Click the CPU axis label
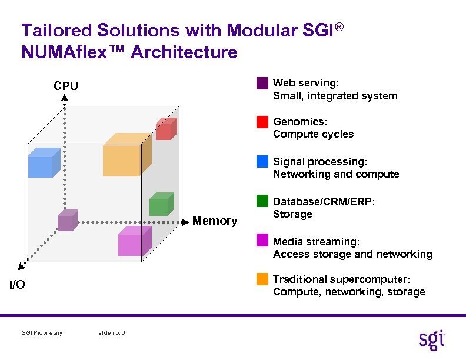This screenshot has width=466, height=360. (66, 86)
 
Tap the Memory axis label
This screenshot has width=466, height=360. (215, 221)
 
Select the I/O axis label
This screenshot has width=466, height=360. (17, 285)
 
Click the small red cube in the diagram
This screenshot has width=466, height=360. (165, 129)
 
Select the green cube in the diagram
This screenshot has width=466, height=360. (161, 204)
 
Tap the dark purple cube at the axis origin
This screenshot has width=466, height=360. (67, 221)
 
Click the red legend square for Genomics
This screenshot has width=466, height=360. (262, 122)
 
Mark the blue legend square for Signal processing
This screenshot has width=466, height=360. (262, 161)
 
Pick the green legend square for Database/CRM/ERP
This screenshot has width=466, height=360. (262, 201)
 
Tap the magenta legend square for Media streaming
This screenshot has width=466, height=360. (262, 240)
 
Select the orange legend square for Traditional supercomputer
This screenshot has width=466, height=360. (262, 279)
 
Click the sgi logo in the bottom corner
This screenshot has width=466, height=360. (432, 340)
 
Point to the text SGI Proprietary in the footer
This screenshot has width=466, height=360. (42, 333)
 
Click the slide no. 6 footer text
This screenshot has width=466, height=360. (111, 333)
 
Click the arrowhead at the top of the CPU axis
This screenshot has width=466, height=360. (65, 98)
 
